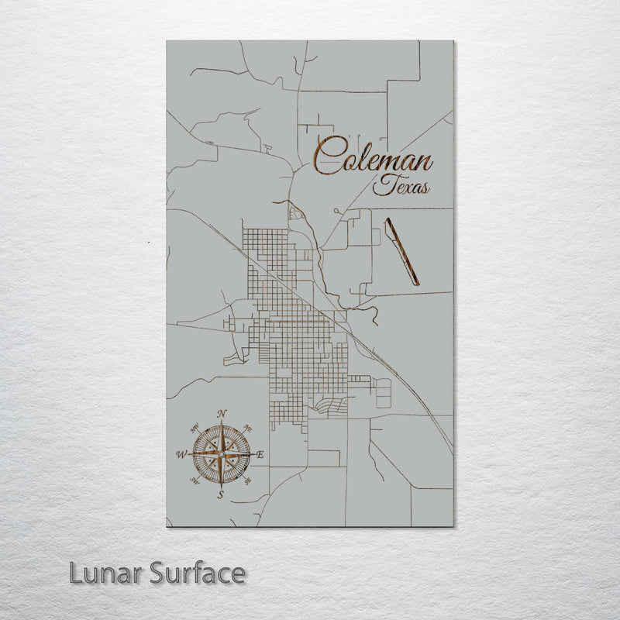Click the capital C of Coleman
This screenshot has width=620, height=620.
click(x=326, y=157)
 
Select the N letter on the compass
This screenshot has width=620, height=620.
click(x=222, y=413)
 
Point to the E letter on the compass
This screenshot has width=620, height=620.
click(x=260, y=455)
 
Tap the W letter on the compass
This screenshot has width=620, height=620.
click(x=181, y=453)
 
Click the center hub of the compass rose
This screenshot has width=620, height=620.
click(x=222, y=454)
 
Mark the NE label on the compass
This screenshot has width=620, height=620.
click(x=247, y=428)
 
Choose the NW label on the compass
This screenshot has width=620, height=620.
click(x=195, y=427)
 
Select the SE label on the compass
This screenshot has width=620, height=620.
click(x=248, y=480)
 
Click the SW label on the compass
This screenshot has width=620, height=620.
click(x=195, y=480)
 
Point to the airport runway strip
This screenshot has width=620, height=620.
click(x=401, y=250)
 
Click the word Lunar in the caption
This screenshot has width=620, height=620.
click(x=99, y=573)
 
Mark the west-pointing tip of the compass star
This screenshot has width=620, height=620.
click(x=188, y=454)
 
